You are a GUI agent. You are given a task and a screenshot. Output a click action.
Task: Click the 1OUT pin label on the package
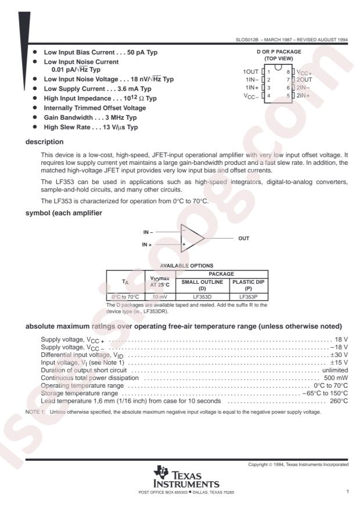click(252, 71)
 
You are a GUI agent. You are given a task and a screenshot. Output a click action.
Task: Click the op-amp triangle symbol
click(191, 238)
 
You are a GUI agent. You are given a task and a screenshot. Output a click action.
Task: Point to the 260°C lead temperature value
click(339, 400)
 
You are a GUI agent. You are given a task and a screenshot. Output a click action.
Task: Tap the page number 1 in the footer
click(347, 492)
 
